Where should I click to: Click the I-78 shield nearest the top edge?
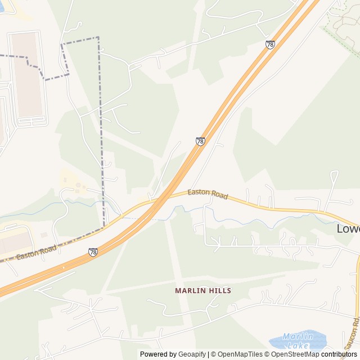tap(271, 44)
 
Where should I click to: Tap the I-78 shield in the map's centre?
tap(200, 141)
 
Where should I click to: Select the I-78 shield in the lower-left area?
tap(93, 253)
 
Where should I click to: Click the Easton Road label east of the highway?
tap(208, 194)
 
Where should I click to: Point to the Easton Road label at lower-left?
tap(37, 253)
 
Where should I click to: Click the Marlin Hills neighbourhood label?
tap(203, 291)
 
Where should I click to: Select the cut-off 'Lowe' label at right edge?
tap(348, 229)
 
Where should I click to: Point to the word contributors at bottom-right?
tap(339, 354)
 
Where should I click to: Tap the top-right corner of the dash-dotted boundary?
tap(98, 38)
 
